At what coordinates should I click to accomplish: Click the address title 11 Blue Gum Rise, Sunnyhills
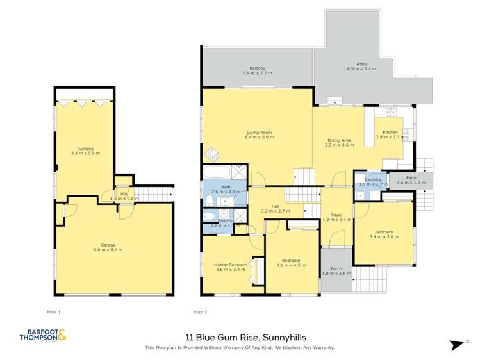239,336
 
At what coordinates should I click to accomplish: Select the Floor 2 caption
201,312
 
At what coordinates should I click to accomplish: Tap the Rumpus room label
85,148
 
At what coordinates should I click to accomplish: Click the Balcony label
258,69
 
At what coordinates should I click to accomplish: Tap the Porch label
336,268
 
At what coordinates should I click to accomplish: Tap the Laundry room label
373,179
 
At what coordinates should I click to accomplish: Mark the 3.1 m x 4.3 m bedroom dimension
290,265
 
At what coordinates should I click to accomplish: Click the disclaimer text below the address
240,348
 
